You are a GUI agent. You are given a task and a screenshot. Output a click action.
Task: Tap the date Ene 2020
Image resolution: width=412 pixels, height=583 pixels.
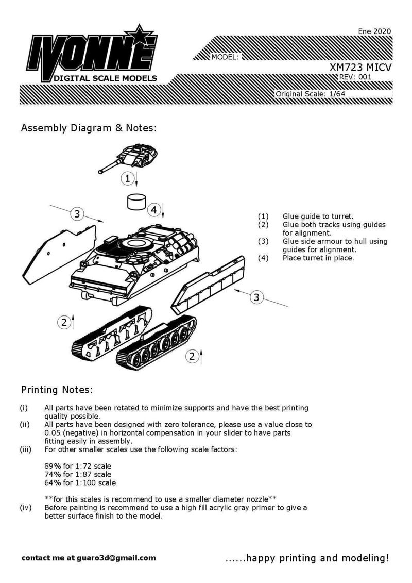point(374,31)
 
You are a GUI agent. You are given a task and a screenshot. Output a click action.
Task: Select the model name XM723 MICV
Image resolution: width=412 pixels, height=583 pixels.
point(360,67)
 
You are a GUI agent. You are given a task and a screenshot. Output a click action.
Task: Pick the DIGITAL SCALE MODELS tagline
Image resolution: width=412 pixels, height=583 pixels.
point(102,78)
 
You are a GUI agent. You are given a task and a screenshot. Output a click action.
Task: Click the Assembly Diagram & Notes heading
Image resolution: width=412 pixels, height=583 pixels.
point(88,128)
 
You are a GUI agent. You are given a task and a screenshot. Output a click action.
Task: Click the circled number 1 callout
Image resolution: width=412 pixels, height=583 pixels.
point(127,179)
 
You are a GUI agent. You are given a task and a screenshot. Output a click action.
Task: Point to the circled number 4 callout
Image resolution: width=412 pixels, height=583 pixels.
point(153,210)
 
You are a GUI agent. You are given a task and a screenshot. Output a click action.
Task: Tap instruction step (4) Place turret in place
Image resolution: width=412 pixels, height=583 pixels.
point(318,258)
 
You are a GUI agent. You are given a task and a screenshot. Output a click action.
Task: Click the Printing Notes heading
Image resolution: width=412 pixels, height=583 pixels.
point(57,389)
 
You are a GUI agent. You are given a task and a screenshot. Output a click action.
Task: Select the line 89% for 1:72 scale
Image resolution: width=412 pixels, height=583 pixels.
point(78,465)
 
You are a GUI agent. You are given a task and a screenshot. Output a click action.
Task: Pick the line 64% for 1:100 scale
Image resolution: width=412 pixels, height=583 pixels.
point(80,483)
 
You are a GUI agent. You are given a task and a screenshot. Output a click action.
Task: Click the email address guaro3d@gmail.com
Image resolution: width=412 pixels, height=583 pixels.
point(116,558)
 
